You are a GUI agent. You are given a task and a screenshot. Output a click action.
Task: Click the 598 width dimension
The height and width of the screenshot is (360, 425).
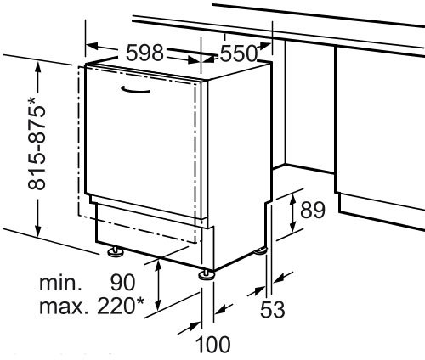tap(144, 53)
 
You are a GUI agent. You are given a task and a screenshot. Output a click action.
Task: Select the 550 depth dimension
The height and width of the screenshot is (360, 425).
tap(239, 53)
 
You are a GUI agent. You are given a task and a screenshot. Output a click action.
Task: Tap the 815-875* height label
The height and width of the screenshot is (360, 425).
tap(37, 143)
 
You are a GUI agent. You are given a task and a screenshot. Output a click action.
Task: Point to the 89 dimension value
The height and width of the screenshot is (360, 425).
tap(313, 210)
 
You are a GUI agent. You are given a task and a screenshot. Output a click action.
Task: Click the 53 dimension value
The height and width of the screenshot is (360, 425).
tap(273, 310)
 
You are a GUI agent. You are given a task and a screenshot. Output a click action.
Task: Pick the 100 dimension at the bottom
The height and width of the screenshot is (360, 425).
tap(213, 345)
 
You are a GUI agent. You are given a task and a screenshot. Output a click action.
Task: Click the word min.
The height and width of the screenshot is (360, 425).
tap(60, 283)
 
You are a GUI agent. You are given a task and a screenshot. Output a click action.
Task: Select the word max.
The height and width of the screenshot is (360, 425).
tap(62, 306)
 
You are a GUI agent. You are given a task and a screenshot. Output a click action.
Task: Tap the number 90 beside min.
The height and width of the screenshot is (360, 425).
tap(123, 283)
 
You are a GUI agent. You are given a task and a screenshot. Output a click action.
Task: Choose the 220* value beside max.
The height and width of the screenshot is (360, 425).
tap(121, 306)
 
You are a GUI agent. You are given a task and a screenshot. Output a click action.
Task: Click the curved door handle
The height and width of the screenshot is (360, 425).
tap(135, 89)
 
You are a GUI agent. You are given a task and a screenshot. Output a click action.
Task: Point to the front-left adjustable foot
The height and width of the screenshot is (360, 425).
tap(116, 251)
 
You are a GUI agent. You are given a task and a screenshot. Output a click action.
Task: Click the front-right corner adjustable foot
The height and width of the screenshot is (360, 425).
tap(207, 274)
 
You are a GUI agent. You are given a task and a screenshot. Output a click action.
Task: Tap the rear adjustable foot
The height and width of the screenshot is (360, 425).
tap(261, 250)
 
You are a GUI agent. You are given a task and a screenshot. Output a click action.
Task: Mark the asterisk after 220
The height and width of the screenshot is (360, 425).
tap(140, 301)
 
